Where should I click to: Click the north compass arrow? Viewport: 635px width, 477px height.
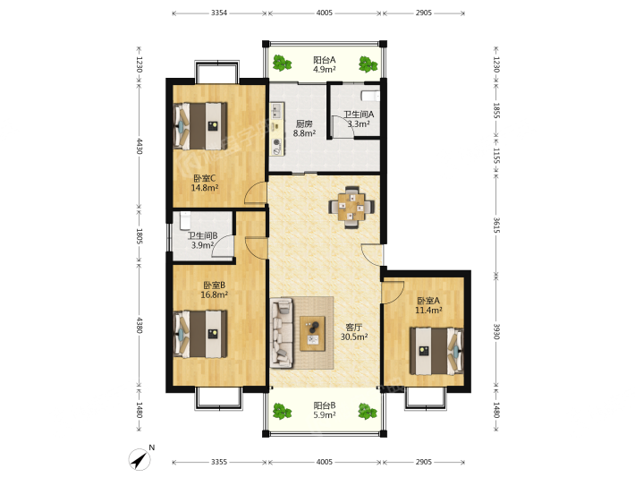coord(140,460)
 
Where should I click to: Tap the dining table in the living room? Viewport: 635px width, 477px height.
coord(351,207)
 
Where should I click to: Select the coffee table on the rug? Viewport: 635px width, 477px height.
coord(312,334)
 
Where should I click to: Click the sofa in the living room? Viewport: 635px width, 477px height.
coord(282,333)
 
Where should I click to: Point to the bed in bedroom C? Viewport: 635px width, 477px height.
coord(200,126)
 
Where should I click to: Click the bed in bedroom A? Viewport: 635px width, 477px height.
coord(436,351)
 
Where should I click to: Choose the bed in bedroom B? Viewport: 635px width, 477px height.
coord(200,334)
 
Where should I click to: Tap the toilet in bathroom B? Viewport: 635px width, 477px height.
coord(185,220)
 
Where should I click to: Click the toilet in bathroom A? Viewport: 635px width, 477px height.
coord(370,96)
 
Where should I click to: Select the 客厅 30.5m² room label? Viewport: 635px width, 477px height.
coord(354,332)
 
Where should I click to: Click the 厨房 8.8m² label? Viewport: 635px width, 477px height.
coord(304,129)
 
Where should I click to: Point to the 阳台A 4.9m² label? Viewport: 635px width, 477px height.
coord(325,64)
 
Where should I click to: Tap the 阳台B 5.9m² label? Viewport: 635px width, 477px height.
coord(325,410)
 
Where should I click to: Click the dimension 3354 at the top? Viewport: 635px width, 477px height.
coord(219,13)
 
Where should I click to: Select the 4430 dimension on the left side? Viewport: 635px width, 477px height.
coord(139,146)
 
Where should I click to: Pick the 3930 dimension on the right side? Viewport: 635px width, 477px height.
coord(497,331)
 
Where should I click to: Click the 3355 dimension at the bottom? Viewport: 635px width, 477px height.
coord(219,462)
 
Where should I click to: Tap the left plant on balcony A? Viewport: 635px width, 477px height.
coord(282,64)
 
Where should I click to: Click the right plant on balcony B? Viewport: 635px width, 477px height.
coord(368,411)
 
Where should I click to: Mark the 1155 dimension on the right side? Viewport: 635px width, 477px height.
coord(497,156)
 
